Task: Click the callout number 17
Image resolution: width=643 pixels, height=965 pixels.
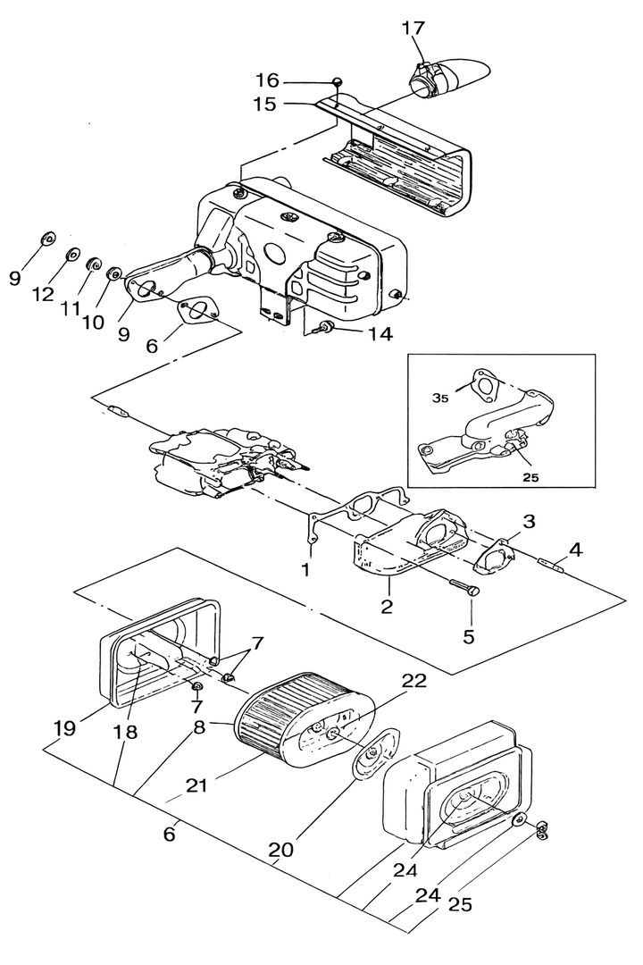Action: pyautogui.click(x=413, y=29)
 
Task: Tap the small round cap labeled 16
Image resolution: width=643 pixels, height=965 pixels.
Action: pyautogui.click(x=338, y=81)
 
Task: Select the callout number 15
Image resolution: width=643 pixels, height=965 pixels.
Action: pyautogui.click(x=264, y=104)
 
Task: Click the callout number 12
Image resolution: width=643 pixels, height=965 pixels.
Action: pyautogui.click(x=44, y=295)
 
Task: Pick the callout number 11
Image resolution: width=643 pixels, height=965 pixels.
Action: pyautogui.click(x=71, y=307)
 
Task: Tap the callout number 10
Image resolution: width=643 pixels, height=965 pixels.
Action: pyautogui.click(x=94, y=322)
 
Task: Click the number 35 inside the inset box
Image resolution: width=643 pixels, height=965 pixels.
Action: pyautogui.click(x=441, y=399)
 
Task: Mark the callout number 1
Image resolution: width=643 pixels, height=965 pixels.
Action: pyautogui.click(x=305, y=569)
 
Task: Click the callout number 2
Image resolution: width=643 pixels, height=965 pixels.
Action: pyautogui.click(x=386, y=606)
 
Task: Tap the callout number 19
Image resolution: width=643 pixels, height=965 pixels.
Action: pyautogui.click(x=64, y=728)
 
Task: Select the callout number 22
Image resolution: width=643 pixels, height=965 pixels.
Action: pyautogui.click(x=414, y=680)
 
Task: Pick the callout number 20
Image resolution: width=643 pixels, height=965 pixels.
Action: pyautogui.click(x=280, y=850)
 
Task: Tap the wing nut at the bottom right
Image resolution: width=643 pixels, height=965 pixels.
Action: pyautogui.click(x=541, y=831)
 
